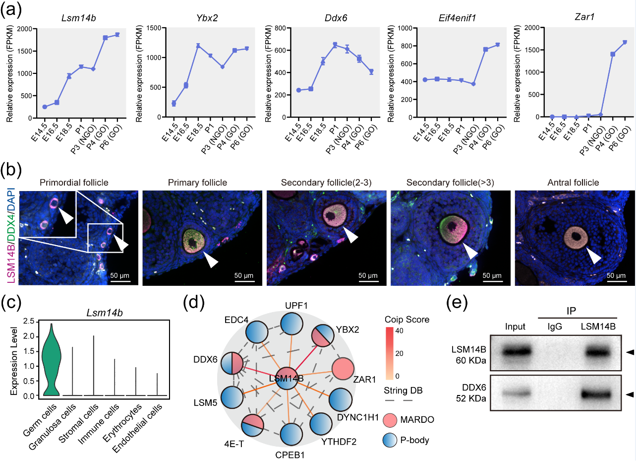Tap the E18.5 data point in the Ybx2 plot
[x=198, y=46]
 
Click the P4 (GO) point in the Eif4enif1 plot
[x=486, y=49]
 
